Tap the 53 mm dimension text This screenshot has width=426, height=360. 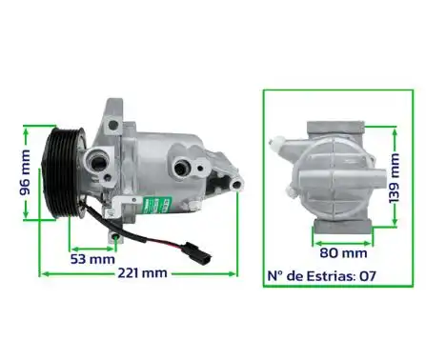92,258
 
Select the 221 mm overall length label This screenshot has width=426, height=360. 141,273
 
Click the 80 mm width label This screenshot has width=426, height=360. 342,253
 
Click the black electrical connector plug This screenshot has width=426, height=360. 186,251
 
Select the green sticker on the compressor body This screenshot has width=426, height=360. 155,203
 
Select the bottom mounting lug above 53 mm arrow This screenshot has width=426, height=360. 115,233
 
